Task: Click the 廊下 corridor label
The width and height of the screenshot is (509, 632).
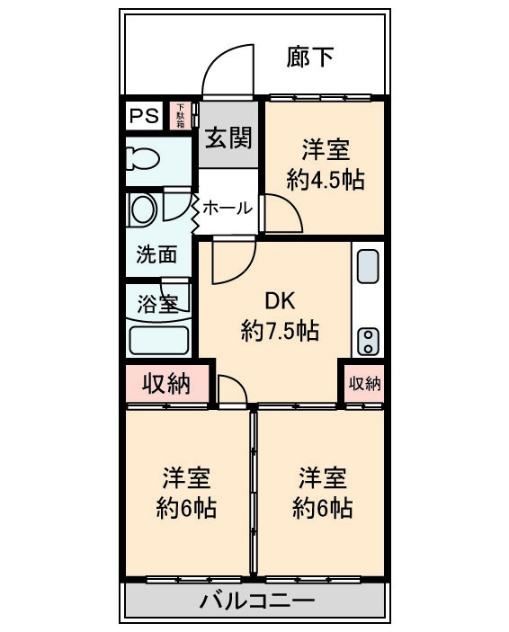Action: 310,58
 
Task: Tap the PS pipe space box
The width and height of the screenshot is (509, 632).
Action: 143,116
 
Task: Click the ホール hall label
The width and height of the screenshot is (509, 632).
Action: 227,209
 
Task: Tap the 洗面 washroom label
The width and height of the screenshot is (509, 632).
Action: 156,254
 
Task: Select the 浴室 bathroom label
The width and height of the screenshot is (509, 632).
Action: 156,303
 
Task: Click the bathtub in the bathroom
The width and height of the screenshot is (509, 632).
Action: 158,340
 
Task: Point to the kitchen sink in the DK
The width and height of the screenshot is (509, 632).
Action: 368,266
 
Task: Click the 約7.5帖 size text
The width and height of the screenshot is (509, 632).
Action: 279,331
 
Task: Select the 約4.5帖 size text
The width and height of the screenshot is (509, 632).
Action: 325,179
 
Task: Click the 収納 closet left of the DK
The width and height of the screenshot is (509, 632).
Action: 167,384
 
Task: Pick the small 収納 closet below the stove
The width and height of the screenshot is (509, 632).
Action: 364,383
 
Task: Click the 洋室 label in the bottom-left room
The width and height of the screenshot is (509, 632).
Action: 186,476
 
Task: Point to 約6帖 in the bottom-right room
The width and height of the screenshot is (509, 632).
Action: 322,508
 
